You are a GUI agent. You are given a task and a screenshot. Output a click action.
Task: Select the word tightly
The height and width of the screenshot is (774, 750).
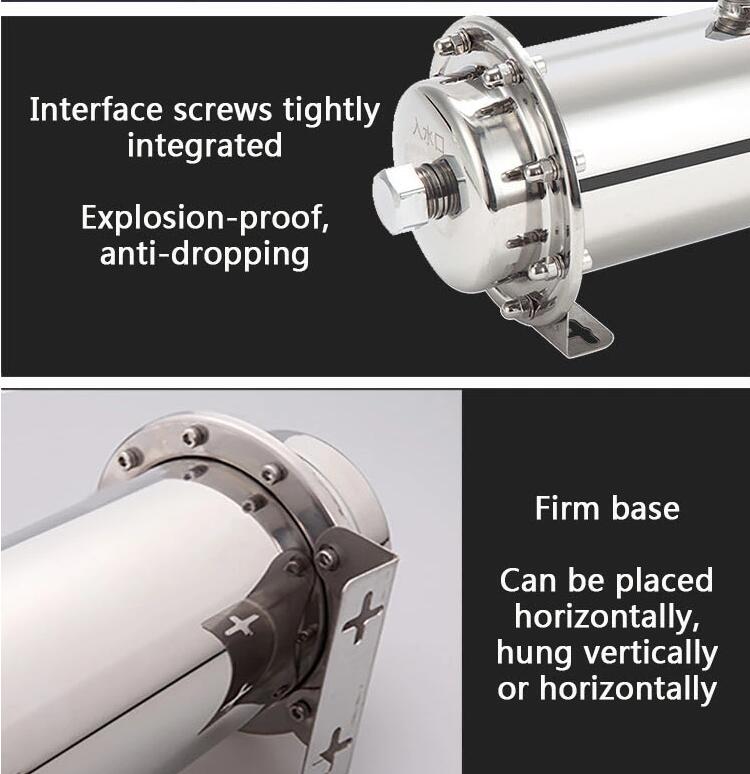(x=333, y=109)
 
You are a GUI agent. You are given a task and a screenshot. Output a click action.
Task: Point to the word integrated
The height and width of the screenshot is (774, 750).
(x=204, y=146)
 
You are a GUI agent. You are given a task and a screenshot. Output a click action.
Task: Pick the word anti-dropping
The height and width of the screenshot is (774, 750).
(x=204, y=254)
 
